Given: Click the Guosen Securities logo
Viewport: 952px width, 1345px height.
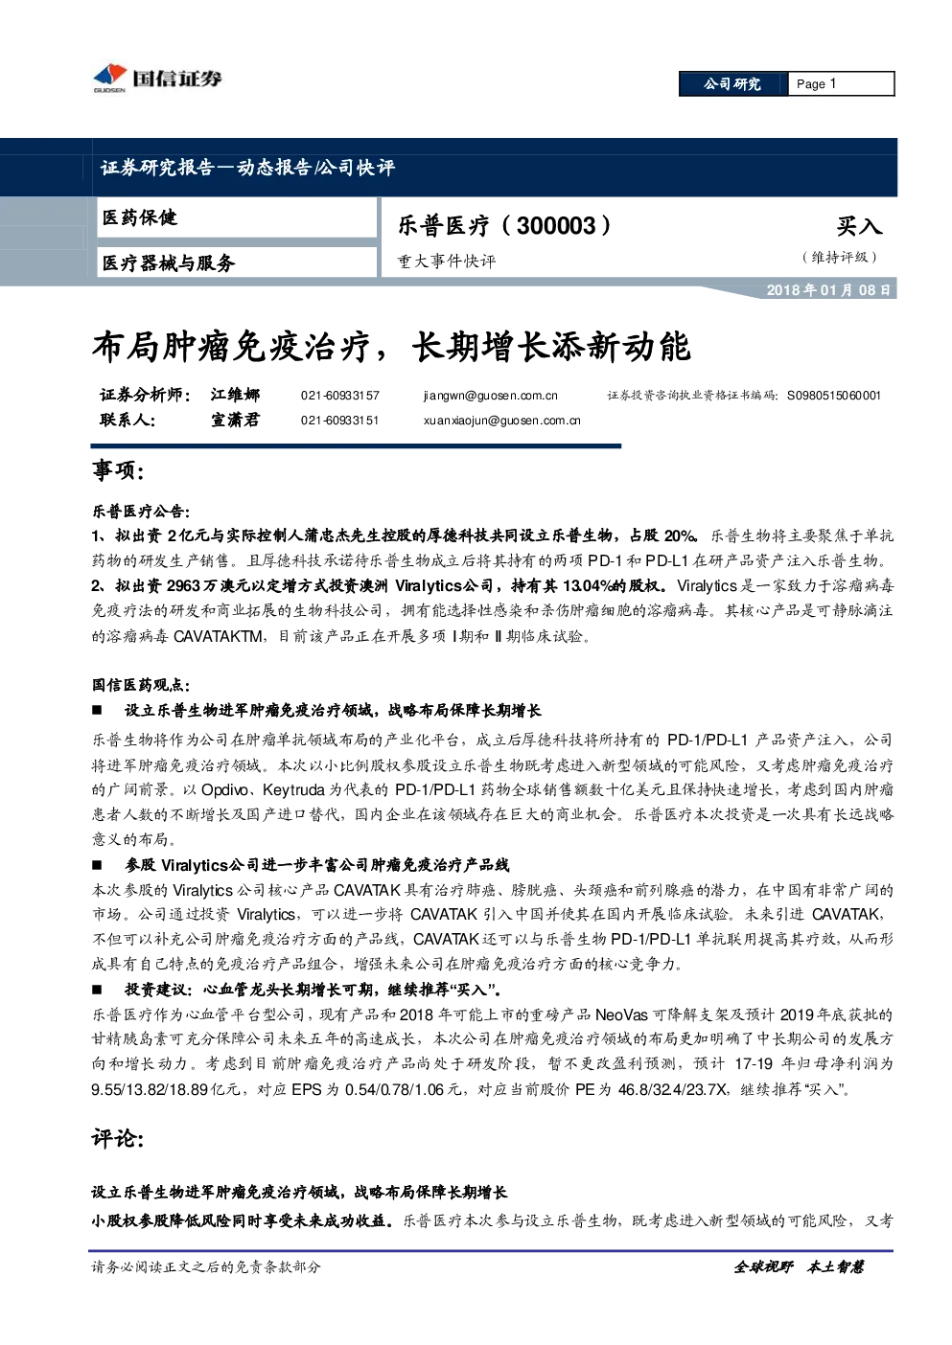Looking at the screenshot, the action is [x=157, y=78].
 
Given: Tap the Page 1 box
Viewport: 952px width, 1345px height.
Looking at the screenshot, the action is [x=841, y=84].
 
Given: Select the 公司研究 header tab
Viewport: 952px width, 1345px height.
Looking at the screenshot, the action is [x=732, y=84].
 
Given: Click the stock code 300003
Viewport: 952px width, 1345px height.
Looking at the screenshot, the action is [x=556, y=226].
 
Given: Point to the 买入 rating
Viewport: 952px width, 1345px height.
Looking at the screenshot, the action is [x=859, y=226].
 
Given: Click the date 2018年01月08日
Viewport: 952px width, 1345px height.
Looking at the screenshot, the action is [x=828, y=290].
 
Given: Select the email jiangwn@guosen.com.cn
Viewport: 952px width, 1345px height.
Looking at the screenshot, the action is [x=491, y=396].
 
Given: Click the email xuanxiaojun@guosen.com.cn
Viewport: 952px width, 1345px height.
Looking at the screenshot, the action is [x=501, y=421].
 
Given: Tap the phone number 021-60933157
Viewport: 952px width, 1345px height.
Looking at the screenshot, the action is [x=340, y=396].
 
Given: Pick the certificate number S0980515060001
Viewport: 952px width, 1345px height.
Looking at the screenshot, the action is [x=834, y=396].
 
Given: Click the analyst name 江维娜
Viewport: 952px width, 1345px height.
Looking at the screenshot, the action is [x=236, y=395].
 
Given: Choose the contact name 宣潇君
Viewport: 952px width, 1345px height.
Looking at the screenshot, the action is [x=236, y=420].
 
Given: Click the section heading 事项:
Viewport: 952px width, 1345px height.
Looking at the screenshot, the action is [x=118, y=470].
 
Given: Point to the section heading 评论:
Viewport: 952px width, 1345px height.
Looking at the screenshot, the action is [x=118, y=1137].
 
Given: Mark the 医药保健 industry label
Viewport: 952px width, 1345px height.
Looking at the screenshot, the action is [x=140, y=217].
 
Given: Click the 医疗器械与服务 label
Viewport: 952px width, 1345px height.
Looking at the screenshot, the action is [x=169, y=262].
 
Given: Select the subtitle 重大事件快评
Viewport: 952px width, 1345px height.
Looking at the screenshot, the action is [x=447, y=262].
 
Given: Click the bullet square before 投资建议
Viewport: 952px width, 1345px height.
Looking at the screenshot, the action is [x=97, y=991].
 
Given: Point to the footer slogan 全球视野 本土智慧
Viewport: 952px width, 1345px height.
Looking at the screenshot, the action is [x=799, y=1267].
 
